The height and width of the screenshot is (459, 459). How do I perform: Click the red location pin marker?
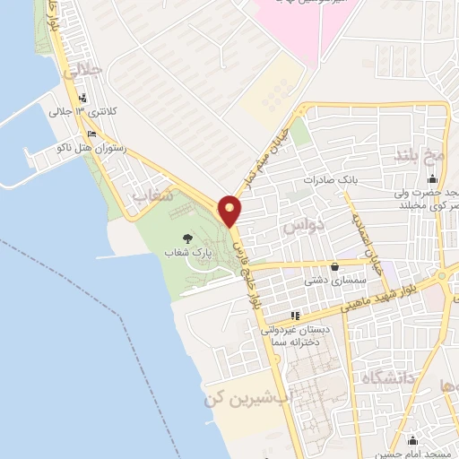click(x=230, y=210)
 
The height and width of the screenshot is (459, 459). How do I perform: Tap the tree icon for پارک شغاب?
click(x=187, y=238)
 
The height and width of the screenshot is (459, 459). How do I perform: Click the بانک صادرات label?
click(x=330, y=179)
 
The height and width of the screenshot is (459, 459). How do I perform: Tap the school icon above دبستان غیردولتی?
click(x=296, y=316)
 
